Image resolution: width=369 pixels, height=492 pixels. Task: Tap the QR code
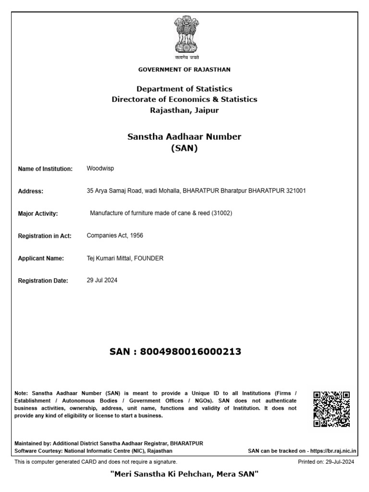click(331, 409)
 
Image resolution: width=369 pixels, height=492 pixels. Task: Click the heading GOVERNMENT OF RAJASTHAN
click(184, 70)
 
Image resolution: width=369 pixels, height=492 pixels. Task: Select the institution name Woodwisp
click(100, 169)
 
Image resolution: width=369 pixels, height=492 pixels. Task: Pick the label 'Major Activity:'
click(38, 214)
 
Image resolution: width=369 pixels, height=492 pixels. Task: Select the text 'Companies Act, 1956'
click(115, 235)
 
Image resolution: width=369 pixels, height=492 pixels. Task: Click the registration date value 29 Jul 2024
click(102, 280)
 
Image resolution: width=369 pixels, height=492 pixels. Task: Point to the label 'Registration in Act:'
click(45, 236)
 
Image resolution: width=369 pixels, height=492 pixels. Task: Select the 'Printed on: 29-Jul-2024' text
click(326, 462)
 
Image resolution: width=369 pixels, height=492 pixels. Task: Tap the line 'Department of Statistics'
click(184, 89)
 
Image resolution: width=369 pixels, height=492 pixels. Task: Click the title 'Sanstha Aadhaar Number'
click(184, 137)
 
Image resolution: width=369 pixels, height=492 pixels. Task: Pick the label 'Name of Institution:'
click(45, 169)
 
